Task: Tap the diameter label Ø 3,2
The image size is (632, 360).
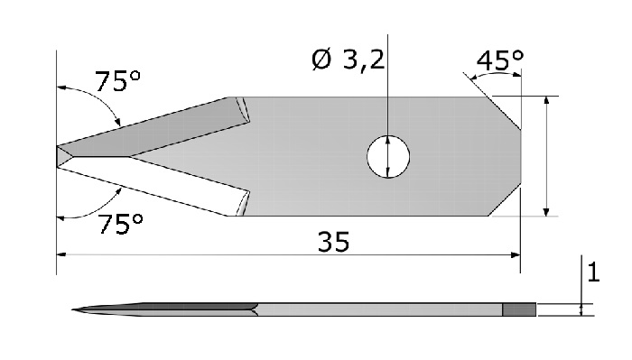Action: (349, 60)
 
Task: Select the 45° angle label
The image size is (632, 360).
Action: (500, 60)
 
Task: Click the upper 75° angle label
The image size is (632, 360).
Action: (117, 81)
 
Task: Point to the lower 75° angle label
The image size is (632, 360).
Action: (120, 224)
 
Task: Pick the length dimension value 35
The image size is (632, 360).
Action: (333, 242)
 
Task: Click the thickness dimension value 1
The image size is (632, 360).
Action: (593, 272)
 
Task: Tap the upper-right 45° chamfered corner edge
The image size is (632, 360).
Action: (504, 113)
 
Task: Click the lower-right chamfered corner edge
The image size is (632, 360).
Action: (505, 199)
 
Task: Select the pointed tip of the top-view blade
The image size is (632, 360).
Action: (57, 156)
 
